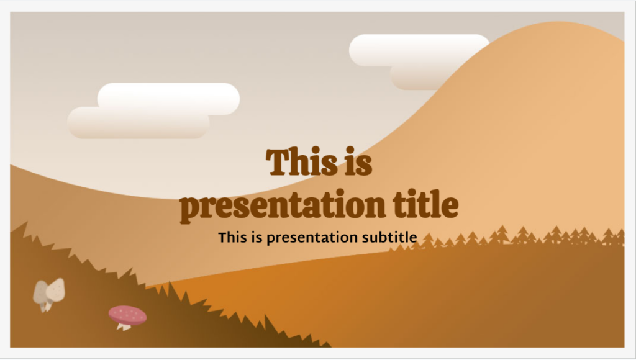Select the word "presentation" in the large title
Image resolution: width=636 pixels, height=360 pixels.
coord(273,206)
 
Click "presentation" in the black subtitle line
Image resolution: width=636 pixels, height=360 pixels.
coord(313,238)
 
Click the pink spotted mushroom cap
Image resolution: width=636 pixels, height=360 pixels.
coord(127,314)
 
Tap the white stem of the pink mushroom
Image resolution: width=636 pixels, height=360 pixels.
coord(125,326)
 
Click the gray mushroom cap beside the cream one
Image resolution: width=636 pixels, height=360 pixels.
coord(41,292)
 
